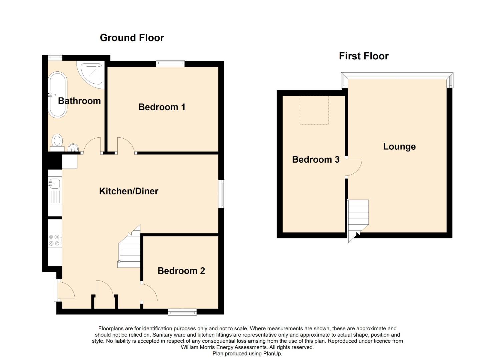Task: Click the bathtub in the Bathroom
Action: click(57, 95)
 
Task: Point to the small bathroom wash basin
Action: click(73, 148)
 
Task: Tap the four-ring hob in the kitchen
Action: click(54, 240)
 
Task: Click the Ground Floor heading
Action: click(132, 38)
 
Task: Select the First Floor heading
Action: click(364, 56)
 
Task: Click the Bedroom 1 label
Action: click(162, 107)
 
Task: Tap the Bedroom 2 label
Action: click(181, 271)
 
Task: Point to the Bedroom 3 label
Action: click(316, 159)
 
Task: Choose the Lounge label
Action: click(399, 147)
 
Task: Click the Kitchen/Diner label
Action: click(129, 191)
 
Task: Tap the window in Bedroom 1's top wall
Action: click(170, 64)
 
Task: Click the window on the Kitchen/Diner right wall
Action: click(222, 194)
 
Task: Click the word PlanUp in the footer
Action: click(272, 354)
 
